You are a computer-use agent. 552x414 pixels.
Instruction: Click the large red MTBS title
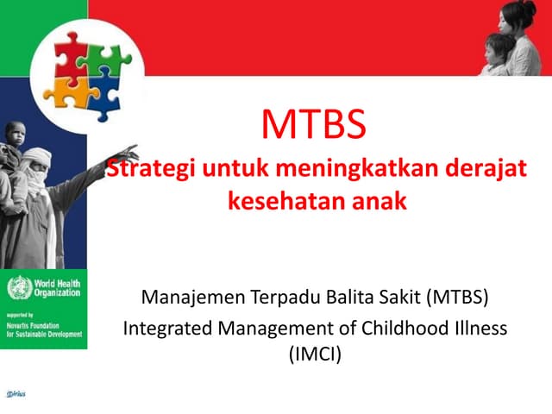coord(314,126)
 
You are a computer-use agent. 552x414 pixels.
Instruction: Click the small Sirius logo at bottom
coord(16,393)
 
